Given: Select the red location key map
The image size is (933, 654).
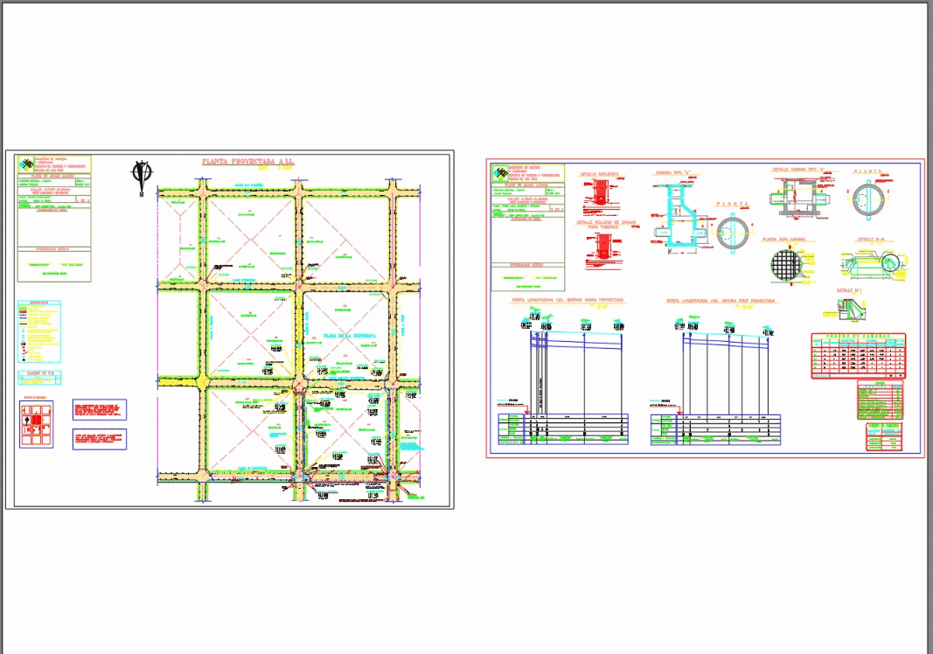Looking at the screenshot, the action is [37, 424].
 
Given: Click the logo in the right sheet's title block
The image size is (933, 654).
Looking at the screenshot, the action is [499, 172].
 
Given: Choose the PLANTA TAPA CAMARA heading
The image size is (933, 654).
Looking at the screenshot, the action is [789, 239].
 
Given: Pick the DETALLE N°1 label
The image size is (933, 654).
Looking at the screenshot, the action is [849, 290].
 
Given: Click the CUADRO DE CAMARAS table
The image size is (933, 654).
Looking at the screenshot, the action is [858, 356].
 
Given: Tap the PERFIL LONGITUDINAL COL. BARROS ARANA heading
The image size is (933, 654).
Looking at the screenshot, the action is [568, 300].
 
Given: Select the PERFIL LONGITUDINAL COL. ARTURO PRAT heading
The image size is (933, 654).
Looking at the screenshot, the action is [721, 300].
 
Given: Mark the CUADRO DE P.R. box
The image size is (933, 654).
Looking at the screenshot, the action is [39, 378].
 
